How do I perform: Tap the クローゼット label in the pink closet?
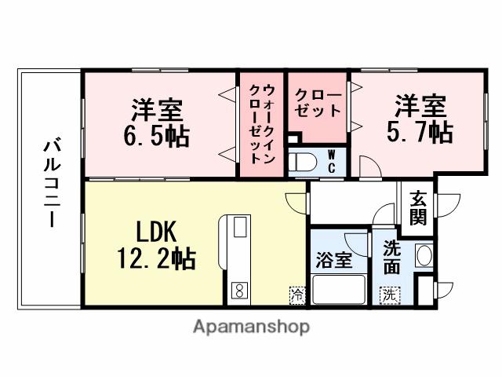coord(317,103)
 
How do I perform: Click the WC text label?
coord(332,161)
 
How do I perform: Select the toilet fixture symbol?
coord(303,163)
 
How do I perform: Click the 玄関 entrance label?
coord(418,209)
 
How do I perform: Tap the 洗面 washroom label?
coord(393,256)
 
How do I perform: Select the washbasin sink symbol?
coord(423,256)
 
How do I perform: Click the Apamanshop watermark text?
coord(251,326)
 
